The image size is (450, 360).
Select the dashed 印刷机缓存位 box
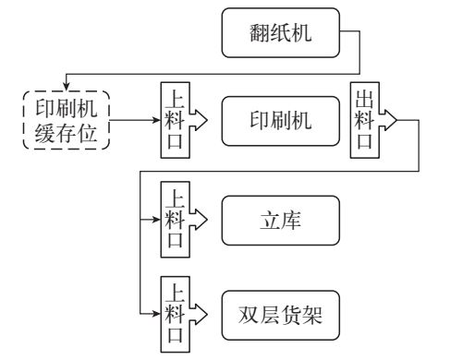coord(65,120)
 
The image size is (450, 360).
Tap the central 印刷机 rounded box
coord(281,120)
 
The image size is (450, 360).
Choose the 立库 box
coord(281,222)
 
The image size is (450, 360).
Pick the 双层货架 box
coord(281,314)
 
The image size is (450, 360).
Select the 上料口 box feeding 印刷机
coord(173,120)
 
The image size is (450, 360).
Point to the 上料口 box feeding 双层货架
coord(173,314)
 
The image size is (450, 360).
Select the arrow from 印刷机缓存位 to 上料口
coord(134,120)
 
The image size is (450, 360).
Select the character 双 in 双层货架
coord(246,314)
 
